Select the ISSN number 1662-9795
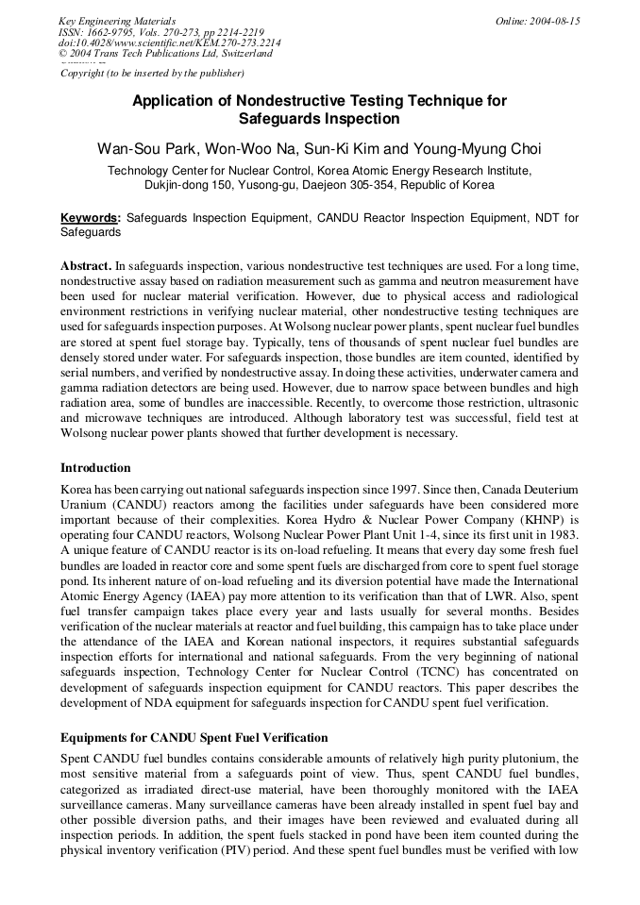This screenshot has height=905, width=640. click(112, 32)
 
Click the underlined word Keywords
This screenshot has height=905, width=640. click(90, 218)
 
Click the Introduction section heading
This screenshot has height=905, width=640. click(95, 468)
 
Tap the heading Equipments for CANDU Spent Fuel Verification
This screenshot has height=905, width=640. click(194, 737)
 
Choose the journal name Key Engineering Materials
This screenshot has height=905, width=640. click(117, 21)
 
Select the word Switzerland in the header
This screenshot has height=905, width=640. click(244, 54)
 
